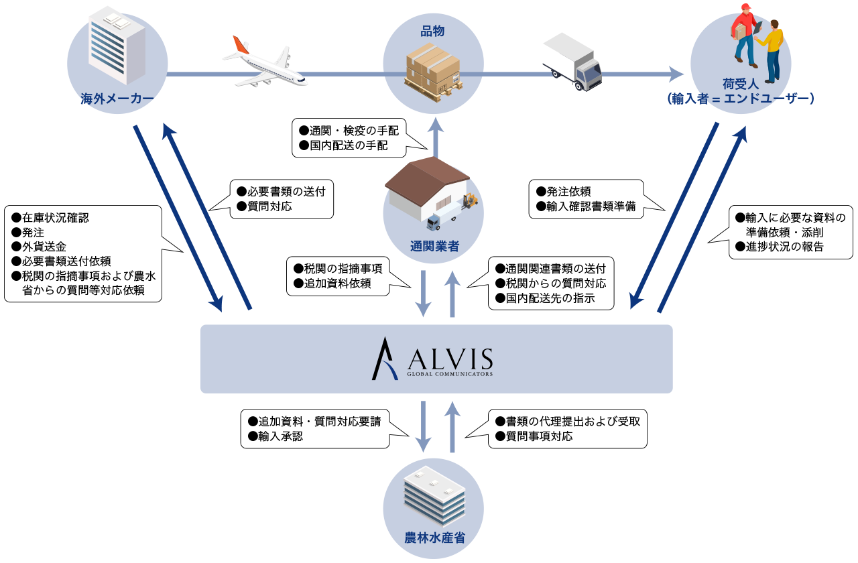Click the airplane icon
point(264,63)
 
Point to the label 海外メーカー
point(117,100)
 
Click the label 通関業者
point(434,246)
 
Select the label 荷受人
point(740,84)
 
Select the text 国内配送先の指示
point(551,298)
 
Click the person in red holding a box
point(744,34)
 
